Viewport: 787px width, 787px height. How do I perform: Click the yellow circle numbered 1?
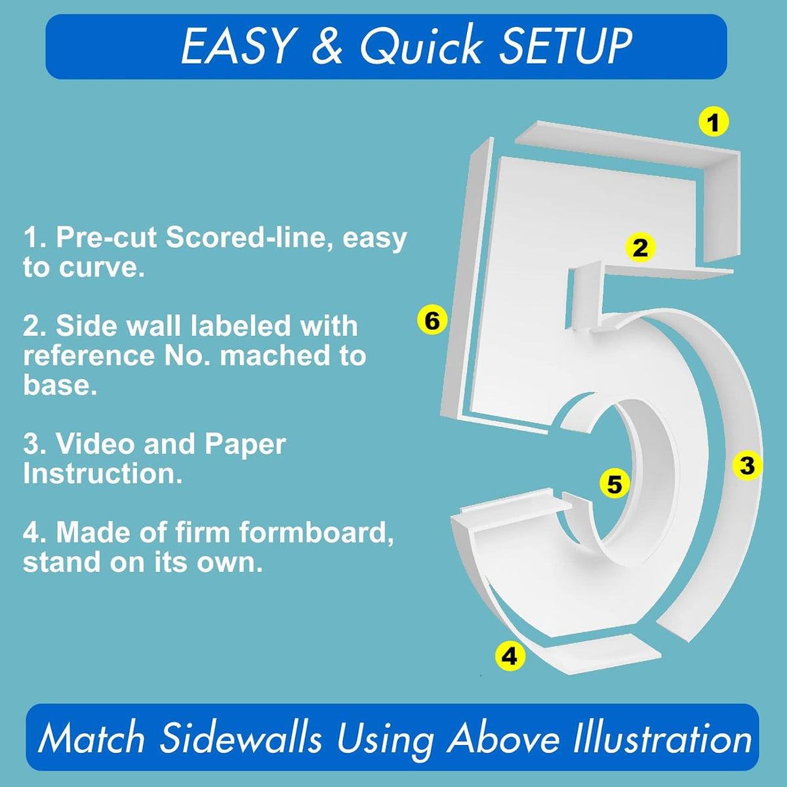(713, 122)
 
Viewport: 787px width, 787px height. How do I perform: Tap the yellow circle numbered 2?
(640, 247)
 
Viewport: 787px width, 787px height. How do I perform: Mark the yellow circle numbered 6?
(432, 320)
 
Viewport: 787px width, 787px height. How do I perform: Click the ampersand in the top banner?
(327, 47)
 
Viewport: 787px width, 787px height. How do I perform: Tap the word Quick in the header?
(420, 46)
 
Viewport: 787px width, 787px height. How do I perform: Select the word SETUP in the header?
(565, 47)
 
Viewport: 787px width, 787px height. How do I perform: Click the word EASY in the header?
(239, 47)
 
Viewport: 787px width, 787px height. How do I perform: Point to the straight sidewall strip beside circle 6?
(468, 277)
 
